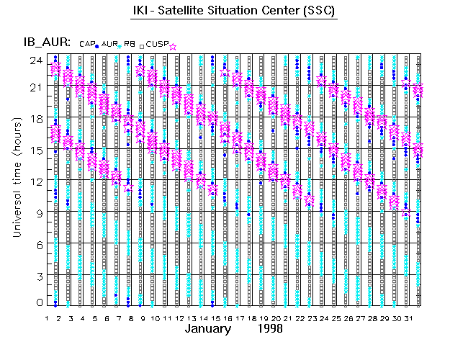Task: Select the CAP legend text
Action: tap(86, 45)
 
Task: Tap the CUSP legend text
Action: tap(156, 45)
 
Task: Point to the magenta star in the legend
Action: tap(172, 46)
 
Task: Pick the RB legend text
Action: tap(130, 45)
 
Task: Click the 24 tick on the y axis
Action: tap(35, 60)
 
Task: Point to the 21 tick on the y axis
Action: tap(35, 86)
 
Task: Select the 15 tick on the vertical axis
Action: tap(35, 150)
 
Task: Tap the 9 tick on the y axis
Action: tap(38, 212)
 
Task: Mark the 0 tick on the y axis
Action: tap(38, 302)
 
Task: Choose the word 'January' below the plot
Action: tap(207, 328)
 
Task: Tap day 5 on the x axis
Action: tap(94, 317)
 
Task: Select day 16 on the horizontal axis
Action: tap(226, 317)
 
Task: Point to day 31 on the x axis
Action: tap(407, 317)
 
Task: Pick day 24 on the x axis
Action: tap(323, 317)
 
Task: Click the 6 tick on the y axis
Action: tap(38, 244)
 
